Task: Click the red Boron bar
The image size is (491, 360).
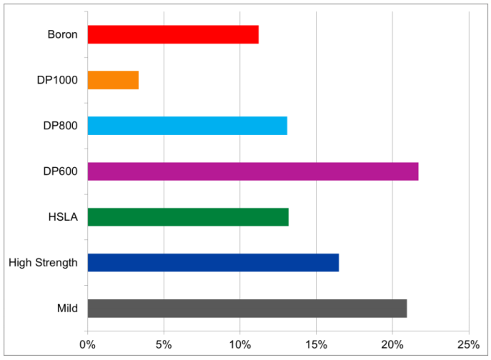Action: [173, 34]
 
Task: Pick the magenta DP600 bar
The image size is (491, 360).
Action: [253, 171]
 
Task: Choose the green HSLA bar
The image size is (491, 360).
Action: [188, 217]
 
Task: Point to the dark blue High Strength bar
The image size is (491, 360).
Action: [213, 263]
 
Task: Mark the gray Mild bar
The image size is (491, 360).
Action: [247, 309]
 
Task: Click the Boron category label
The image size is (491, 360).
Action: [62, 34]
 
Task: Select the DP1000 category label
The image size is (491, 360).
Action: [57, 80]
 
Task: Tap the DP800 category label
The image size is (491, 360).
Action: [60, 126]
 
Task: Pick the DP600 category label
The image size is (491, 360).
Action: [60, 171]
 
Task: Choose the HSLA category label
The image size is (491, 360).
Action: [63, 217]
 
